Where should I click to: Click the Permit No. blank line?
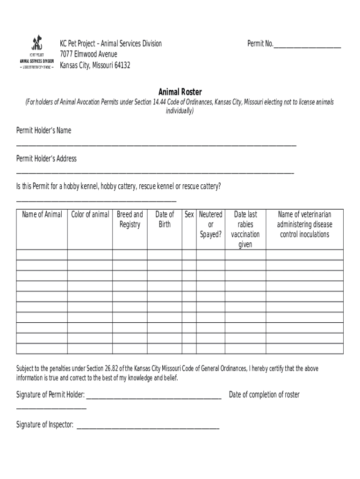pyautogui.click(x=307, y=47)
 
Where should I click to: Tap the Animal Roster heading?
pyautogui.click(x=180, y=92)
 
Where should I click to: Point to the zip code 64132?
pyautogui.click(x=120, y=65)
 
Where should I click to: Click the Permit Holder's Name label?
pyautogui.click(x=44, y=131)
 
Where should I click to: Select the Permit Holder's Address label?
pyautogui.click(x=46, y=159)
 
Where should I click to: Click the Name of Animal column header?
pyautogui.click(x=42, y=214)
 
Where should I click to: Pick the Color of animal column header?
pyautogui.click(x=90, y=214)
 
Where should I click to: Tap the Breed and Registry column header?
pyautogui.click(x=130, y=219)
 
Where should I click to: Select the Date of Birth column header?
pyautogui.click(x=165, y=219)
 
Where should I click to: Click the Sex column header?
pyautogui.click(x=189, y=214)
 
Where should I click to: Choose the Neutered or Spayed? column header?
pyautogui.click(x=210, y=224)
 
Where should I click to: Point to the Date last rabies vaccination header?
pyautogui.click(x=245, y=229)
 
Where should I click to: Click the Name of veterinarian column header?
pyautogui.click(x=304, y=224)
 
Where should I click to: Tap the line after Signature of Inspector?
pyautogui.click(x=148, y=428)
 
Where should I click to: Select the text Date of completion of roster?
pyautogui.click(x=264, y=395)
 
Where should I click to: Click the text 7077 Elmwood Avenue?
pyautogui.click(x=88, y=55)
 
